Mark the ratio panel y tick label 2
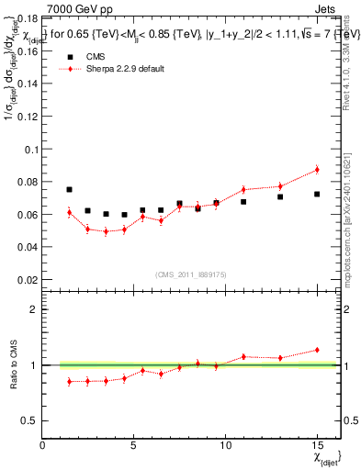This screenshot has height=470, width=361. point(33,309)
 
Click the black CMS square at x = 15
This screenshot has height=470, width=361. point(317,195)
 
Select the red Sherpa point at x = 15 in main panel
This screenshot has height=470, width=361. point(317,169)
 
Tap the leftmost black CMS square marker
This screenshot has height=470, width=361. point(70,190)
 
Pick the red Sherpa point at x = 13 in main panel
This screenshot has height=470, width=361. point(280,186)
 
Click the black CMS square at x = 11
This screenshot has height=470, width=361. point(243,202)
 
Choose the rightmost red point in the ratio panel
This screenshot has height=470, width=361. point(317,350)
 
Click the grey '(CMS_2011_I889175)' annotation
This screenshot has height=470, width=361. point(190,274)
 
